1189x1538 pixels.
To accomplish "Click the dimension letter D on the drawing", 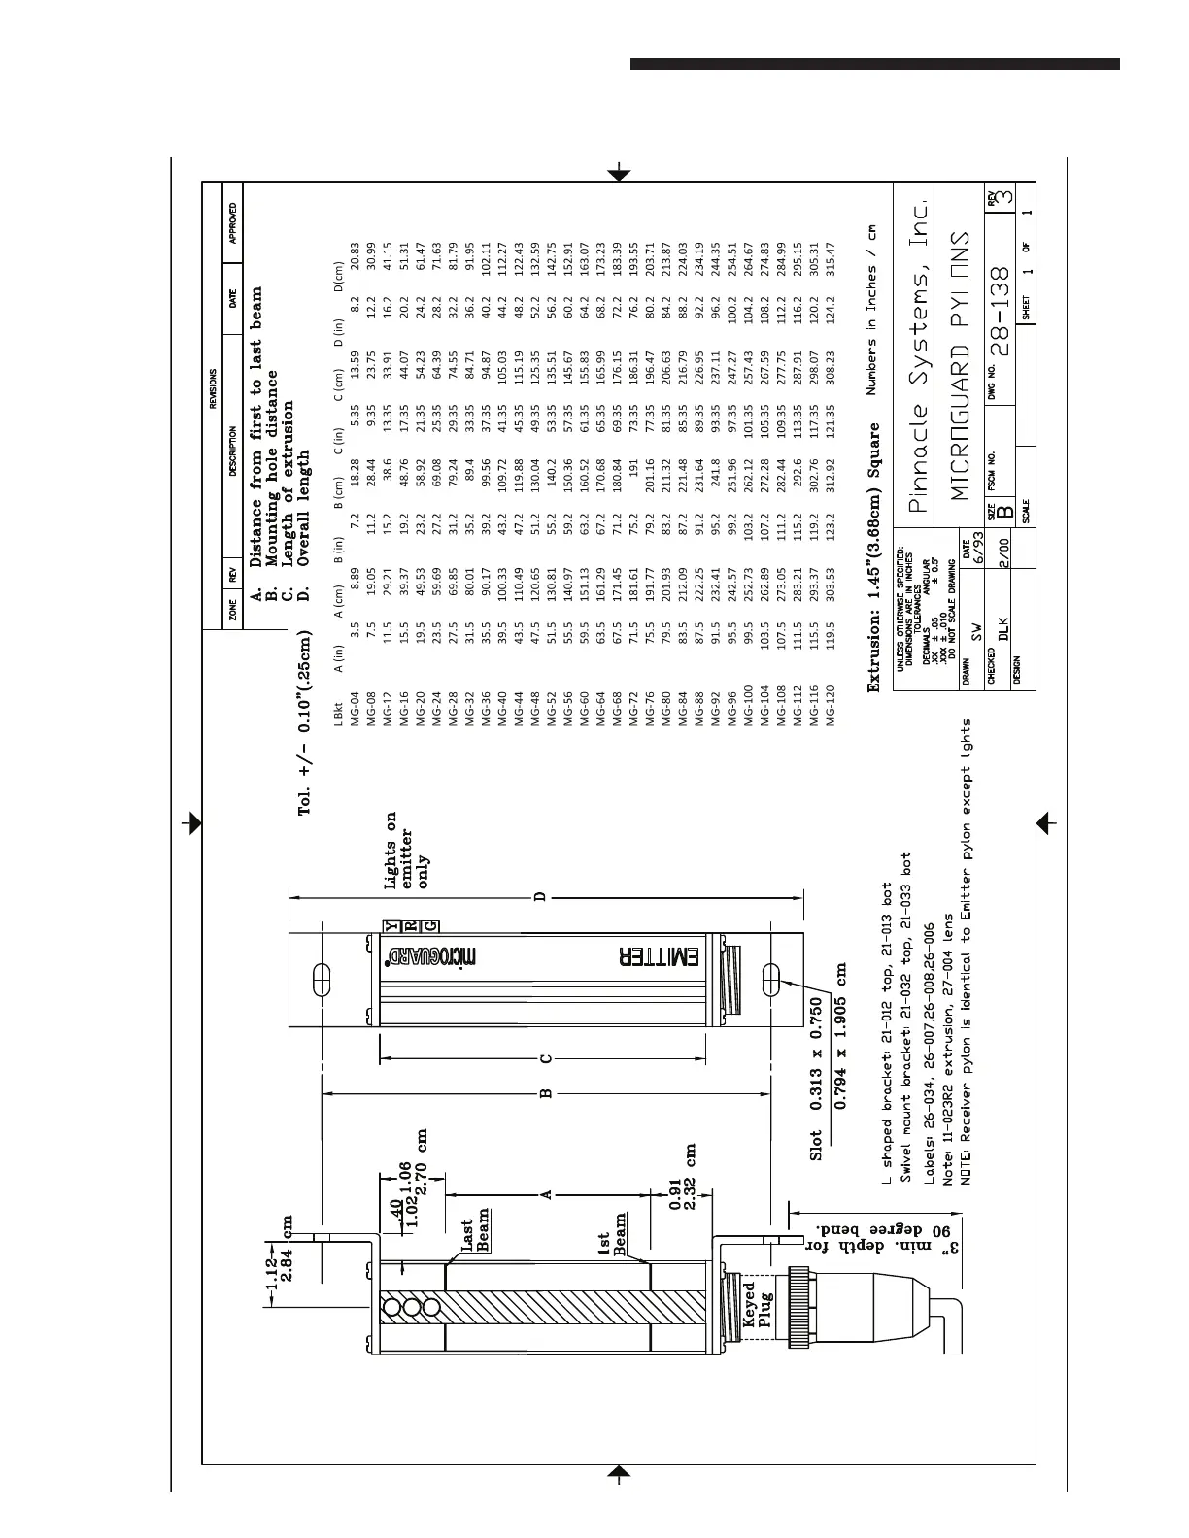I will pyautogui.click(x=542, y=897).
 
